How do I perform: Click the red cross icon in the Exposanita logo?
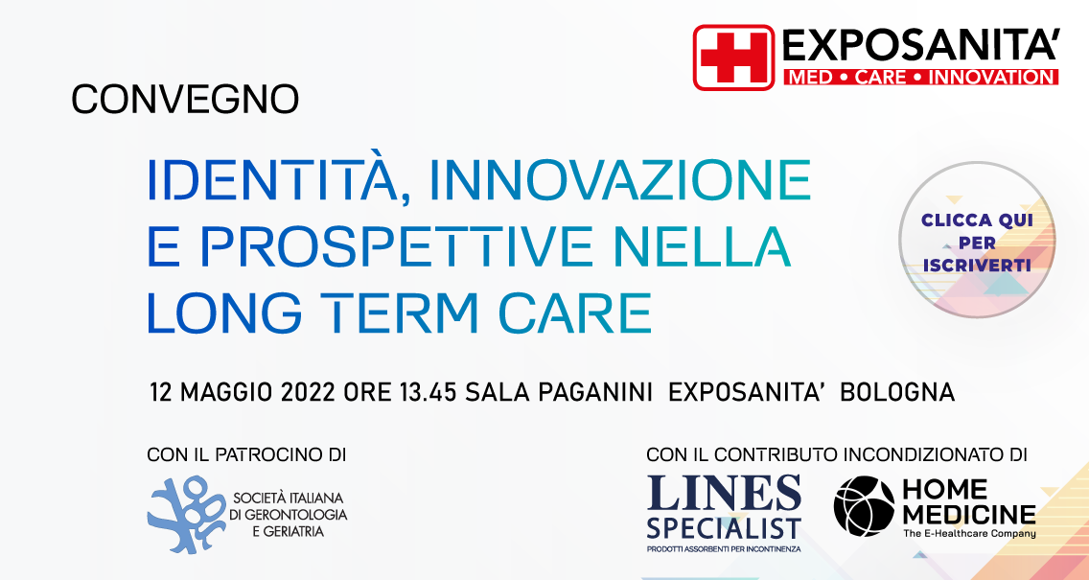(x=733, y=57)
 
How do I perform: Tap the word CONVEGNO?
(x=185, y=99)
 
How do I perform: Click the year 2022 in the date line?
(x=308, y=393)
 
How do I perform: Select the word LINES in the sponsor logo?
(x=724, y=493)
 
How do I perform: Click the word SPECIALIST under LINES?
(x=724, y=527)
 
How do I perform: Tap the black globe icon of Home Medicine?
(x=864, y=505)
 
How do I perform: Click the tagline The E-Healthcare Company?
(x=969, y=533)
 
